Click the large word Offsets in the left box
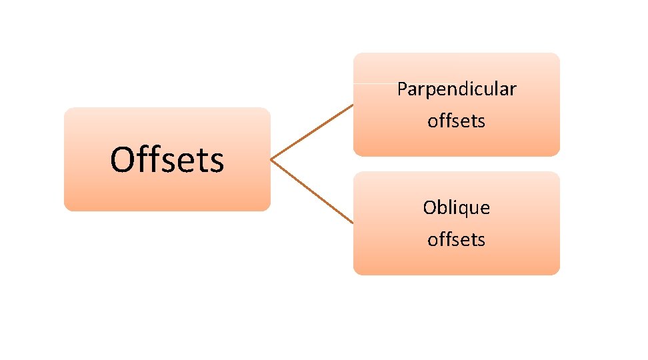tap(167, 160)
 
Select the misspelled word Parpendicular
tap(457, 89)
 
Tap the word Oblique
tap(457, 208)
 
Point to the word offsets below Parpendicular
tap(457, 121)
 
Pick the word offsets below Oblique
tap(457, 239)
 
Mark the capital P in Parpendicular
tap(401, 89)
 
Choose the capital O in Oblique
tap(429, 208)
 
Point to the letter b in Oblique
tap(441, 207)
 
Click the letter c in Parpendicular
tap(475, 90)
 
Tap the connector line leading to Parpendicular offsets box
tap(312, 132)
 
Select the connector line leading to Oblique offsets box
tap(312, 191)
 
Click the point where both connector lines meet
tap(271, 160)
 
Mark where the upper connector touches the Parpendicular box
tap(353, 105)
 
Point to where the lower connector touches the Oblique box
tap(353, 222)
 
